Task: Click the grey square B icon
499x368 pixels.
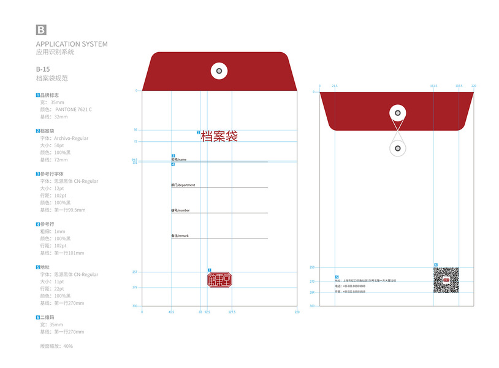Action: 41,30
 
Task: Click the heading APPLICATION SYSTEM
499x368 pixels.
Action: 72,44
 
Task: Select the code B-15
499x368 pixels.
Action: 43,69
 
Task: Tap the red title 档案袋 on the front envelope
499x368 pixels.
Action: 219,136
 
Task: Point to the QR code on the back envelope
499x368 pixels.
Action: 446,280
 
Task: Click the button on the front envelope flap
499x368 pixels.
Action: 219,71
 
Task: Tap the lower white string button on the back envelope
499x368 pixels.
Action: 398,148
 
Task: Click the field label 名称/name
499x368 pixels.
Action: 178,159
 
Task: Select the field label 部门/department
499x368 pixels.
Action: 183,185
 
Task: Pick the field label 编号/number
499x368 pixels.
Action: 180,210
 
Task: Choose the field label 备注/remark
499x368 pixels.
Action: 180,236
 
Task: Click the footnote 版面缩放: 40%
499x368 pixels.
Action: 56,346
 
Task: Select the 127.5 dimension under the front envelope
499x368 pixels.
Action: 232,312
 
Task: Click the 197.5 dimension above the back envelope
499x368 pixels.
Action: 459,86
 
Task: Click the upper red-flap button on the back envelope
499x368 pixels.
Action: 398,113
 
